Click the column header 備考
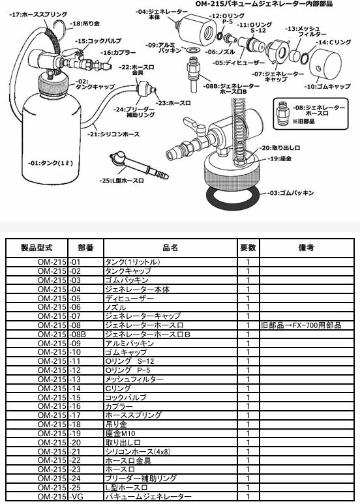coord(306,248)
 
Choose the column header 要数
coord(248,248)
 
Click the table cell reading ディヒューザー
coord(130,298)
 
